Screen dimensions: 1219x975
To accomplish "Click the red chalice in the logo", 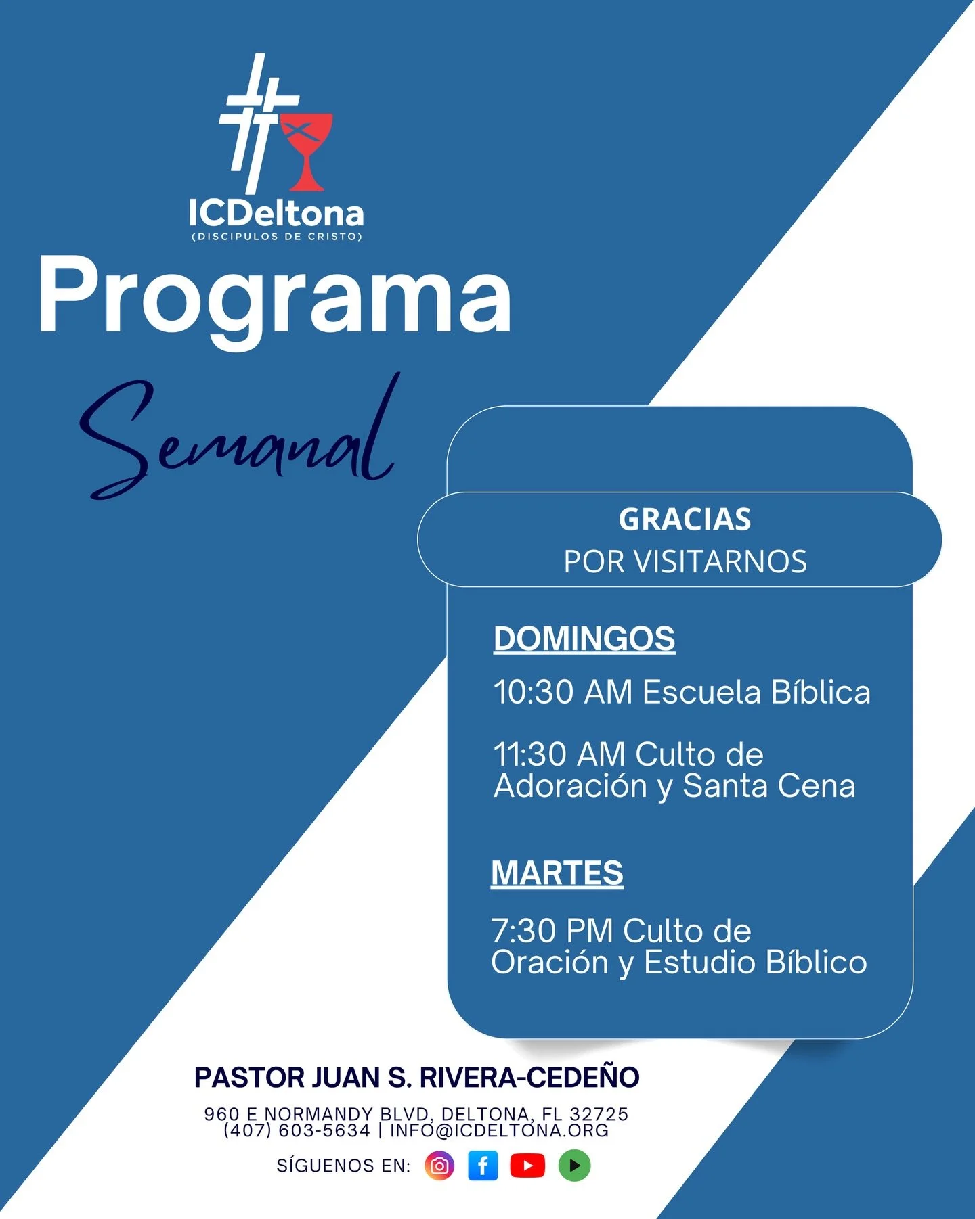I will pos(307,150).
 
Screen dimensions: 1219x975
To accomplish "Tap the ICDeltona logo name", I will pos(276,214).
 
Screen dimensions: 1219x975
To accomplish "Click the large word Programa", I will pos(274,298).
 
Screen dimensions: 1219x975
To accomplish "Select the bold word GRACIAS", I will pos(685,520).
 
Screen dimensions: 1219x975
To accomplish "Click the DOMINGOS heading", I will pos(584,639).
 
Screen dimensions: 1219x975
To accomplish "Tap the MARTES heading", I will pos(557,873).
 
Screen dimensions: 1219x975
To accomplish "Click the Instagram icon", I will pos(439,1166).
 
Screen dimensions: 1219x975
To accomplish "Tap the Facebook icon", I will pos(483,1166).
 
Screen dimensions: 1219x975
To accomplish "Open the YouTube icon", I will pos(527,1166).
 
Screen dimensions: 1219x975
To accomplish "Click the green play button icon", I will pos(574,1166).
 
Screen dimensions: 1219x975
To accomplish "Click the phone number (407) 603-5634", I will pos(297,1130).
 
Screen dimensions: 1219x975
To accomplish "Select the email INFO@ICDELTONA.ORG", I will pos(499,1130).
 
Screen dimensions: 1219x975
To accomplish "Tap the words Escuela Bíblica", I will pos(756,692).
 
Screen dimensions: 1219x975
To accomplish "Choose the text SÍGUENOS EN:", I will pos(343,1166).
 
